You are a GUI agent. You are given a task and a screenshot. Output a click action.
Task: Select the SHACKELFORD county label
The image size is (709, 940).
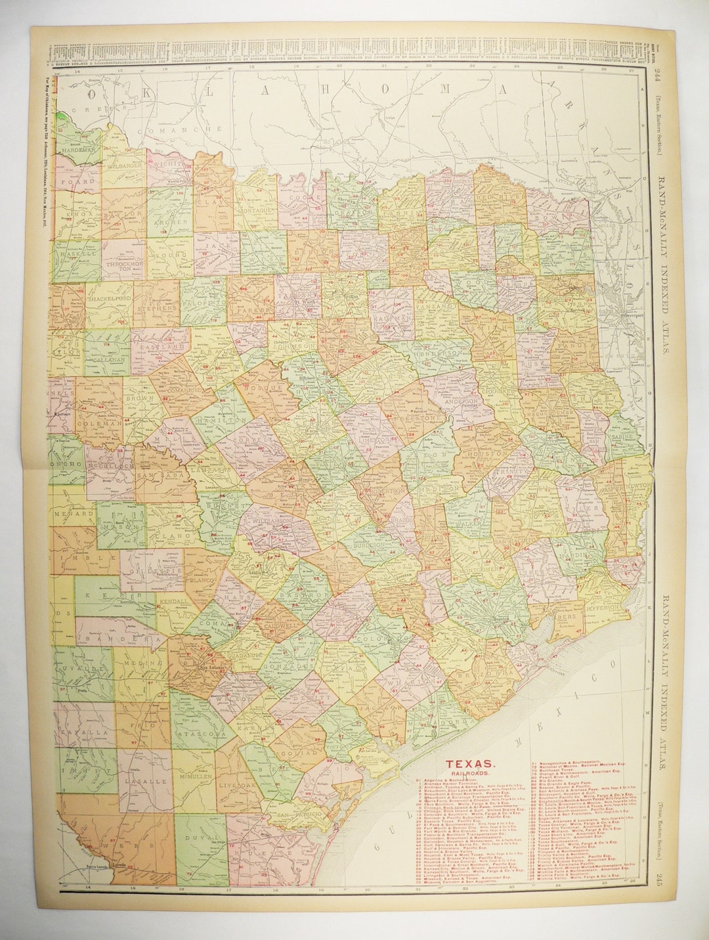coord(109,298)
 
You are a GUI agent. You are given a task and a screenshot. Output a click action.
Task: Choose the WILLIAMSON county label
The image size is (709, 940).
coord(273,520)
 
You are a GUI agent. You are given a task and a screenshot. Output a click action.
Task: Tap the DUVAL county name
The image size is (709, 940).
coord(199,838)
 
